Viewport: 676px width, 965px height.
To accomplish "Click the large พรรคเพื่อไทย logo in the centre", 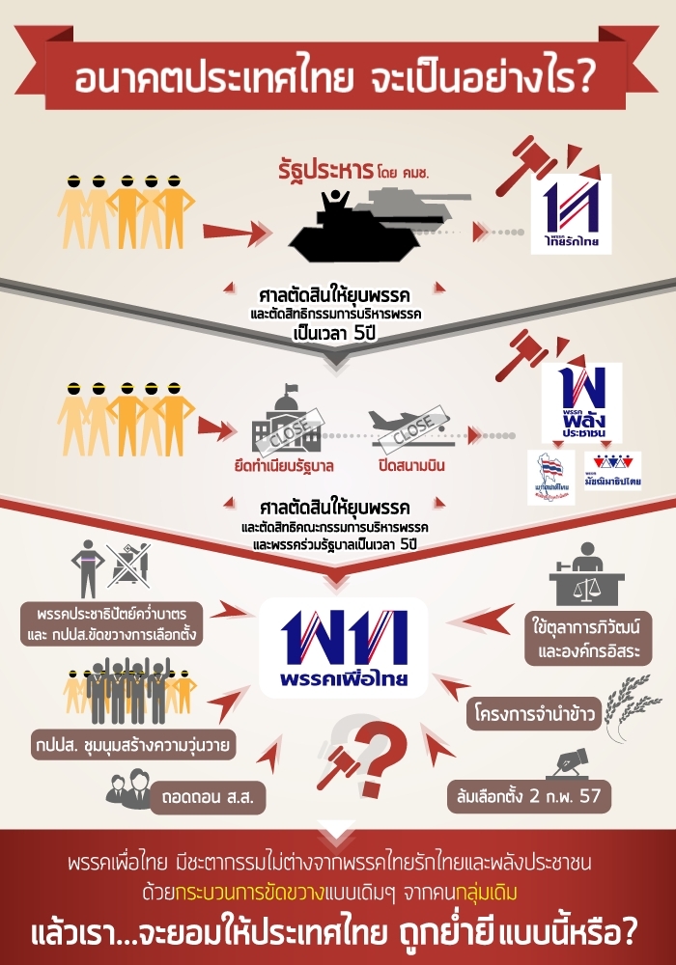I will coord(344,647).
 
